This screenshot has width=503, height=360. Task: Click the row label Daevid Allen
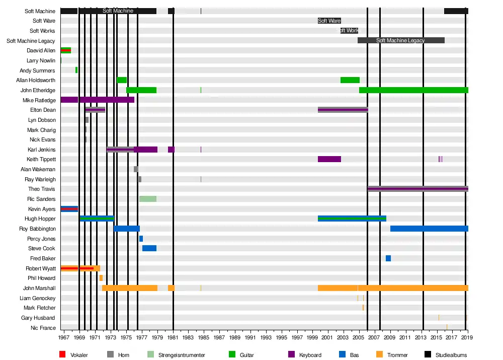click(x=41, y=51)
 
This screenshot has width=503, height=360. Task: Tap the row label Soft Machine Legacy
click(x=31, y=41)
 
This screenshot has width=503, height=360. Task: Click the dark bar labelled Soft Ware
click(x=329, y=21)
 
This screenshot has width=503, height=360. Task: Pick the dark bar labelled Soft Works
click(x=349, y=31)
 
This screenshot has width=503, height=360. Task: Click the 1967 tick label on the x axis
click(x=64, y=337)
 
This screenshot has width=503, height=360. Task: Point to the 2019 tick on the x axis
click(x=468, y=337)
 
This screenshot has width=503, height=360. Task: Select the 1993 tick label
click(x=266, y=337)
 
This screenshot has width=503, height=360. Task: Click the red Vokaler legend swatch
click(x=62, y=355)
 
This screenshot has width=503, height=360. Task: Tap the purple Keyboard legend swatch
click(x=291, y=355)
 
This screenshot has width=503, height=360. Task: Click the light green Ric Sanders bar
click(x=148, y=199)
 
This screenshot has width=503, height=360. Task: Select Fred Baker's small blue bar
click(x=388, y=258)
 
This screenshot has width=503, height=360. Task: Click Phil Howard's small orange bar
click(x=101, y=278)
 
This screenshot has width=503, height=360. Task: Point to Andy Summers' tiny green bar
click(x=76, y=70)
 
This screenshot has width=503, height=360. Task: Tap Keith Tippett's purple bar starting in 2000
click(x=329, y=159)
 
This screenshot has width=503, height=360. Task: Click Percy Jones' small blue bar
click(x=141, y=239)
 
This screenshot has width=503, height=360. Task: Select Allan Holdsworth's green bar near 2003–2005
click(x=350, y=80)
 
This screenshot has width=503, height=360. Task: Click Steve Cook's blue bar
click(x=149, y=248)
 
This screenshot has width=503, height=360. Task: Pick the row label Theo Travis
click(x=42, y=189)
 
